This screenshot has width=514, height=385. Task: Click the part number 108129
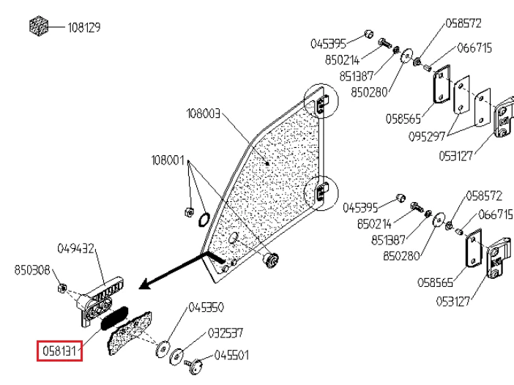point(83,28)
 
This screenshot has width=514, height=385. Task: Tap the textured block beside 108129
point(38,27)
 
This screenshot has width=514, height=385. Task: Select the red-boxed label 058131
point(60,351)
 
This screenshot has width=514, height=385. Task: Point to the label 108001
point(168,160)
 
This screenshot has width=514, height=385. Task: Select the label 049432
point(77,249)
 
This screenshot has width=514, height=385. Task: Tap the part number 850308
point(32,270)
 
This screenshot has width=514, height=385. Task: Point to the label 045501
point(231,356)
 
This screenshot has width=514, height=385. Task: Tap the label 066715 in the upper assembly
point(474,48)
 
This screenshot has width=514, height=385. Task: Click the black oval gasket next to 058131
point(115,316)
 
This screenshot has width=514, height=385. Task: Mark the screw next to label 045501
point(195,363)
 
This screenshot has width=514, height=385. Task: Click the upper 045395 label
point(328,43)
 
